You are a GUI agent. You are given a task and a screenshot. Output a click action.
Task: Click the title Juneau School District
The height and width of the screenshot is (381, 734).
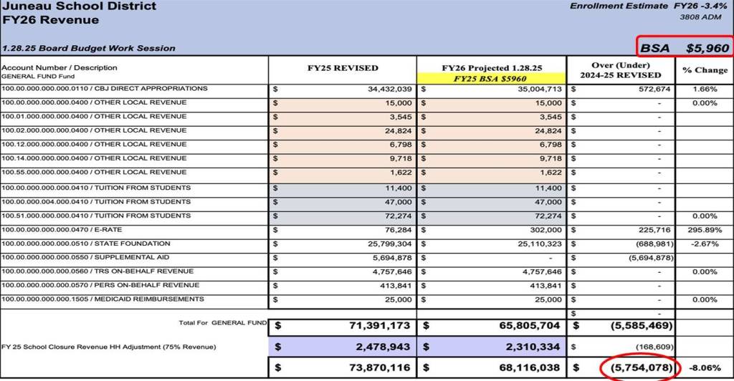78,6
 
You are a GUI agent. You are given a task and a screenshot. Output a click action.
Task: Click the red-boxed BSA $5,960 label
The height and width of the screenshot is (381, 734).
685,48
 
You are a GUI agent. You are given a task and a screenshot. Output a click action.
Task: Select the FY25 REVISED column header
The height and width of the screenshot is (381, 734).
342,68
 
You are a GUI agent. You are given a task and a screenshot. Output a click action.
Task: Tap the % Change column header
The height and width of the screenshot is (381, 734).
705,69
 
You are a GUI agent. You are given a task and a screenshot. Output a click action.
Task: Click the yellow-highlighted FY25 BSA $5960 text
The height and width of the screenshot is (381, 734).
491,79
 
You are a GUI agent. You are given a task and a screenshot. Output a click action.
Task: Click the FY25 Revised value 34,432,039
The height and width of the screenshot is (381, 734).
388,90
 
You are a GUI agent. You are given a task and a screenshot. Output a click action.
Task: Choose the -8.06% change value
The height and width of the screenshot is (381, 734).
705,368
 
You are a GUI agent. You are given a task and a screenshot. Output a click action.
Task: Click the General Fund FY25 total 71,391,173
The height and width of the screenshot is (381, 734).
379,325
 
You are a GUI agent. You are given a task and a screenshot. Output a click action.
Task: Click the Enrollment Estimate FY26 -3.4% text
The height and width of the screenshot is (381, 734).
649,6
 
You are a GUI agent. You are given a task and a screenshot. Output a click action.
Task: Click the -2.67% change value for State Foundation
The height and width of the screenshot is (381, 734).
705,244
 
